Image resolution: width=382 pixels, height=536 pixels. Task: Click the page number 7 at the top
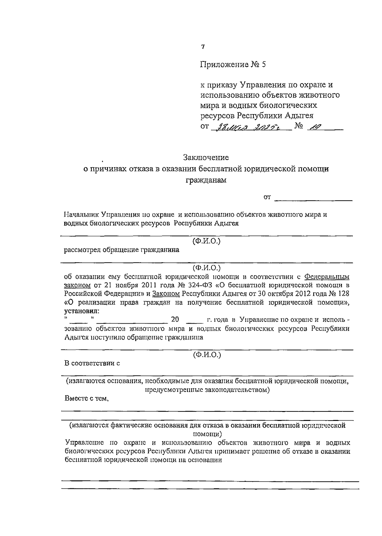tap(203, 47)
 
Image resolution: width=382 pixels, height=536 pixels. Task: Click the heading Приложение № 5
tap(233, 65)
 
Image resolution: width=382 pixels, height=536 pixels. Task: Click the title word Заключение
tap(206, 157)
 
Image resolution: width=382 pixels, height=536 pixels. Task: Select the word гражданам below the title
tap(206, 180)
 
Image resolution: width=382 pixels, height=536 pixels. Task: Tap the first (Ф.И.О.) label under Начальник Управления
tap(206, 241)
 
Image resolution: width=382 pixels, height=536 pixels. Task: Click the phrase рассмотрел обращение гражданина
tap(122, 250)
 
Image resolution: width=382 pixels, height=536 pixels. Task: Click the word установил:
tap(81, 310)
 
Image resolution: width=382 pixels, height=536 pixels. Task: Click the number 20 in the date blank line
tap(175, 319)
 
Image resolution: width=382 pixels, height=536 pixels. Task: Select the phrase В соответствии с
tap(92, 363)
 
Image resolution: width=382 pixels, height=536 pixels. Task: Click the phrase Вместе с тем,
tap(87, 398)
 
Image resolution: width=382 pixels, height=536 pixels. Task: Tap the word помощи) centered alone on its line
tap(208, 434)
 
